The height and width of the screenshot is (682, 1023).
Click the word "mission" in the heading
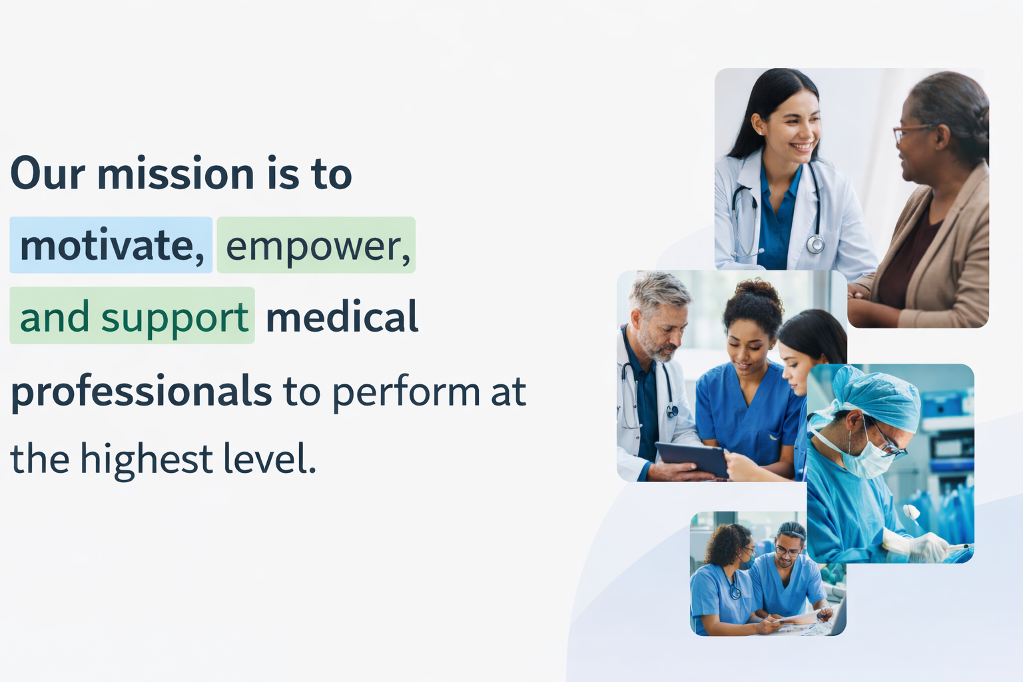[x=175, y=174]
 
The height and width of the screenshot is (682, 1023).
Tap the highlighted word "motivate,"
[x=112, y=246]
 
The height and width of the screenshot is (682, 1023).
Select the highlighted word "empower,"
[x=318, y=246]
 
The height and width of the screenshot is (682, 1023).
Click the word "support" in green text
[x=175, y=318]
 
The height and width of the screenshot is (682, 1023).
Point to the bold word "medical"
[x=342, y=316]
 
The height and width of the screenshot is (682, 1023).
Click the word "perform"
[x=406, y=392]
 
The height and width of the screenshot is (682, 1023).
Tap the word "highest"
[x=146, y=459]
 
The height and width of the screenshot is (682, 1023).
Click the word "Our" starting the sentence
[x=47, y=174]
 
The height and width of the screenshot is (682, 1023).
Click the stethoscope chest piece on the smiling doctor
[x=815, y=244]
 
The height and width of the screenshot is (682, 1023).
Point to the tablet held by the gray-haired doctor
[x=692, y=458]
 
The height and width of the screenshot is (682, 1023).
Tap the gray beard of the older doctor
[x=657, y=345]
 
